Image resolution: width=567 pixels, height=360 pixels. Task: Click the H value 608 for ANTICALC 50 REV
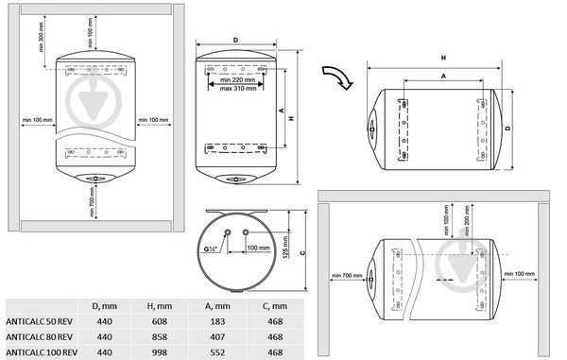point(160,321)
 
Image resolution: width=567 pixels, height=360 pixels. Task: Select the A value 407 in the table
point(217,337)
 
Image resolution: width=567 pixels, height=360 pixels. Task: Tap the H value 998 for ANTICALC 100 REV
point(160,352)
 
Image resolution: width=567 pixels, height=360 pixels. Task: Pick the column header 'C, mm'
point(275,306)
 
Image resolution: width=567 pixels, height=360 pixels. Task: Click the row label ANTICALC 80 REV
point(39,337)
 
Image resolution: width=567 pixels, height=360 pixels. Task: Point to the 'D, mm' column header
point(105,306)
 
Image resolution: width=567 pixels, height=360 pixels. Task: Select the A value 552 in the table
point(217,352)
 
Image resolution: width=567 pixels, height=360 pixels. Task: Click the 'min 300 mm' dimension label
point(41,37)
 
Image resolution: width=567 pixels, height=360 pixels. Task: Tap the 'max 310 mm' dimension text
point(238,89)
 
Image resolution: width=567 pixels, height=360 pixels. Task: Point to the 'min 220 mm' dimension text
point(237,79)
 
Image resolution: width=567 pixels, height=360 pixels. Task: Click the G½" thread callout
point(210,249)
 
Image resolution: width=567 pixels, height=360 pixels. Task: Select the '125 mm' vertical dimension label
point(285,248)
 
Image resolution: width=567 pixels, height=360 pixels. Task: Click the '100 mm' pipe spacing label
point(258,248)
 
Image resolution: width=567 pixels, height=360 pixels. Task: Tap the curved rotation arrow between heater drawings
point(337,77)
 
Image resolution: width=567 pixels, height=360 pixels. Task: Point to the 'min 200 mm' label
point(467,220)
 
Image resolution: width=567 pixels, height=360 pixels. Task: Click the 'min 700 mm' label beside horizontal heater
point(347,275)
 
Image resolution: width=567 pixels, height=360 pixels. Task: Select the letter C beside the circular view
point(302,252)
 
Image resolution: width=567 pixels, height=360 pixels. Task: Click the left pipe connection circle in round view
point(228,232)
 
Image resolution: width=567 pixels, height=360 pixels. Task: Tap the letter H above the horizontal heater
point(444,58)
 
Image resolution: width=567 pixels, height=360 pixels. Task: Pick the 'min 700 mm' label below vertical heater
point(93,202)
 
